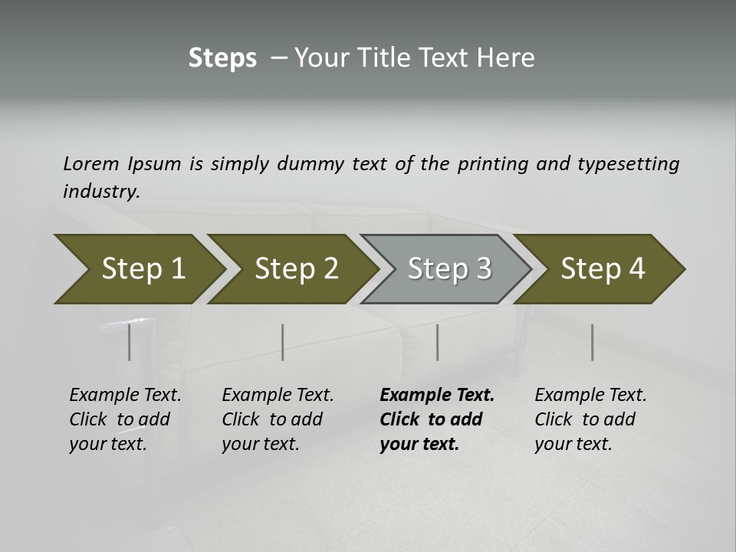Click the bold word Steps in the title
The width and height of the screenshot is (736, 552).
coord(222,58)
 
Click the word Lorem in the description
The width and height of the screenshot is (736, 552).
coord(91,163)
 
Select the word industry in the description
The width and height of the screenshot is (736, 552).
coord(101,191)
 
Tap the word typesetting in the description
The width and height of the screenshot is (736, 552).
coord(628,163)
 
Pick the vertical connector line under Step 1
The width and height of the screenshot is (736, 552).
coord(130,342)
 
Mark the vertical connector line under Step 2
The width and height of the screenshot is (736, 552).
coord(283,342)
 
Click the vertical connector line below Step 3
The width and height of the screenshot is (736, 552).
coord(437,342)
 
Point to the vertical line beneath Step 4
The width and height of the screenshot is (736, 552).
coord(592,342)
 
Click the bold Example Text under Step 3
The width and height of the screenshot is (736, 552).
coord(437,396)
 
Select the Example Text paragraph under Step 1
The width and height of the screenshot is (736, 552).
coord(125,419)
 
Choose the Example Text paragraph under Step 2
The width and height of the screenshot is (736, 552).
coord(278,419)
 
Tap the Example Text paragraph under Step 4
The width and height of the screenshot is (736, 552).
coord(590,419)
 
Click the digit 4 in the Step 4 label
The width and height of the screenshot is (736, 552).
coord(636,269)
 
